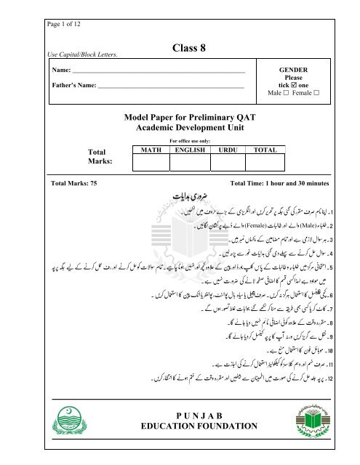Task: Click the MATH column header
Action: pos(138,150)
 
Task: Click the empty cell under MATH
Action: pos(138,163)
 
